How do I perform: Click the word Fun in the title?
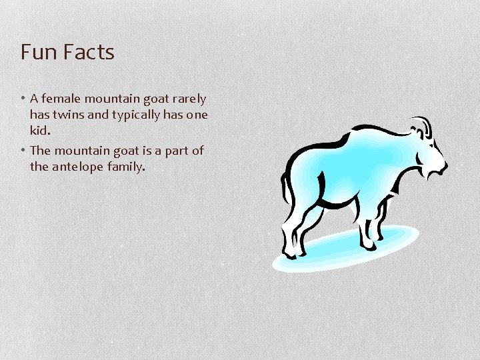click(x=37, y=52)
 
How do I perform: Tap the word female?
click(x=61, y=99)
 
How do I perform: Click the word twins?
click(x=67, y=114)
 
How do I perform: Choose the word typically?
click(x=135, y=115)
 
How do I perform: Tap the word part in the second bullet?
click(x=177, y=151)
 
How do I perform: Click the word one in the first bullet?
click(x=197, y=115)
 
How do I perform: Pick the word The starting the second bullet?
click(x=40, y=151)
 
